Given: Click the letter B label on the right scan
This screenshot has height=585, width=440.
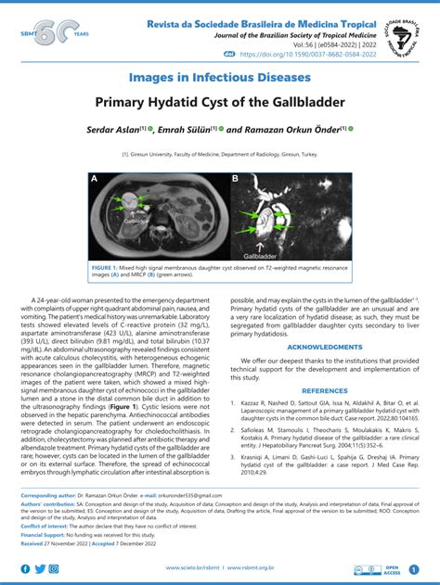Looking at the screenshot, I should click(236, 178).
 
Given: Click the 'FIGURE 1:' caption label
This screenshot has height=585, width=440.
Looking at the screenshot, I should click(107, 267).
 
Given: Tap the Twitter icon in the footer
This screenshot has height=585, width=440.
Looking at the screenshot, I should click(40, 568).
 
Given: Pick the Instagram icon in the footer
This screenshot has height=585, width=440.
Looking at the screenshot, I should click(55, 568).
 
